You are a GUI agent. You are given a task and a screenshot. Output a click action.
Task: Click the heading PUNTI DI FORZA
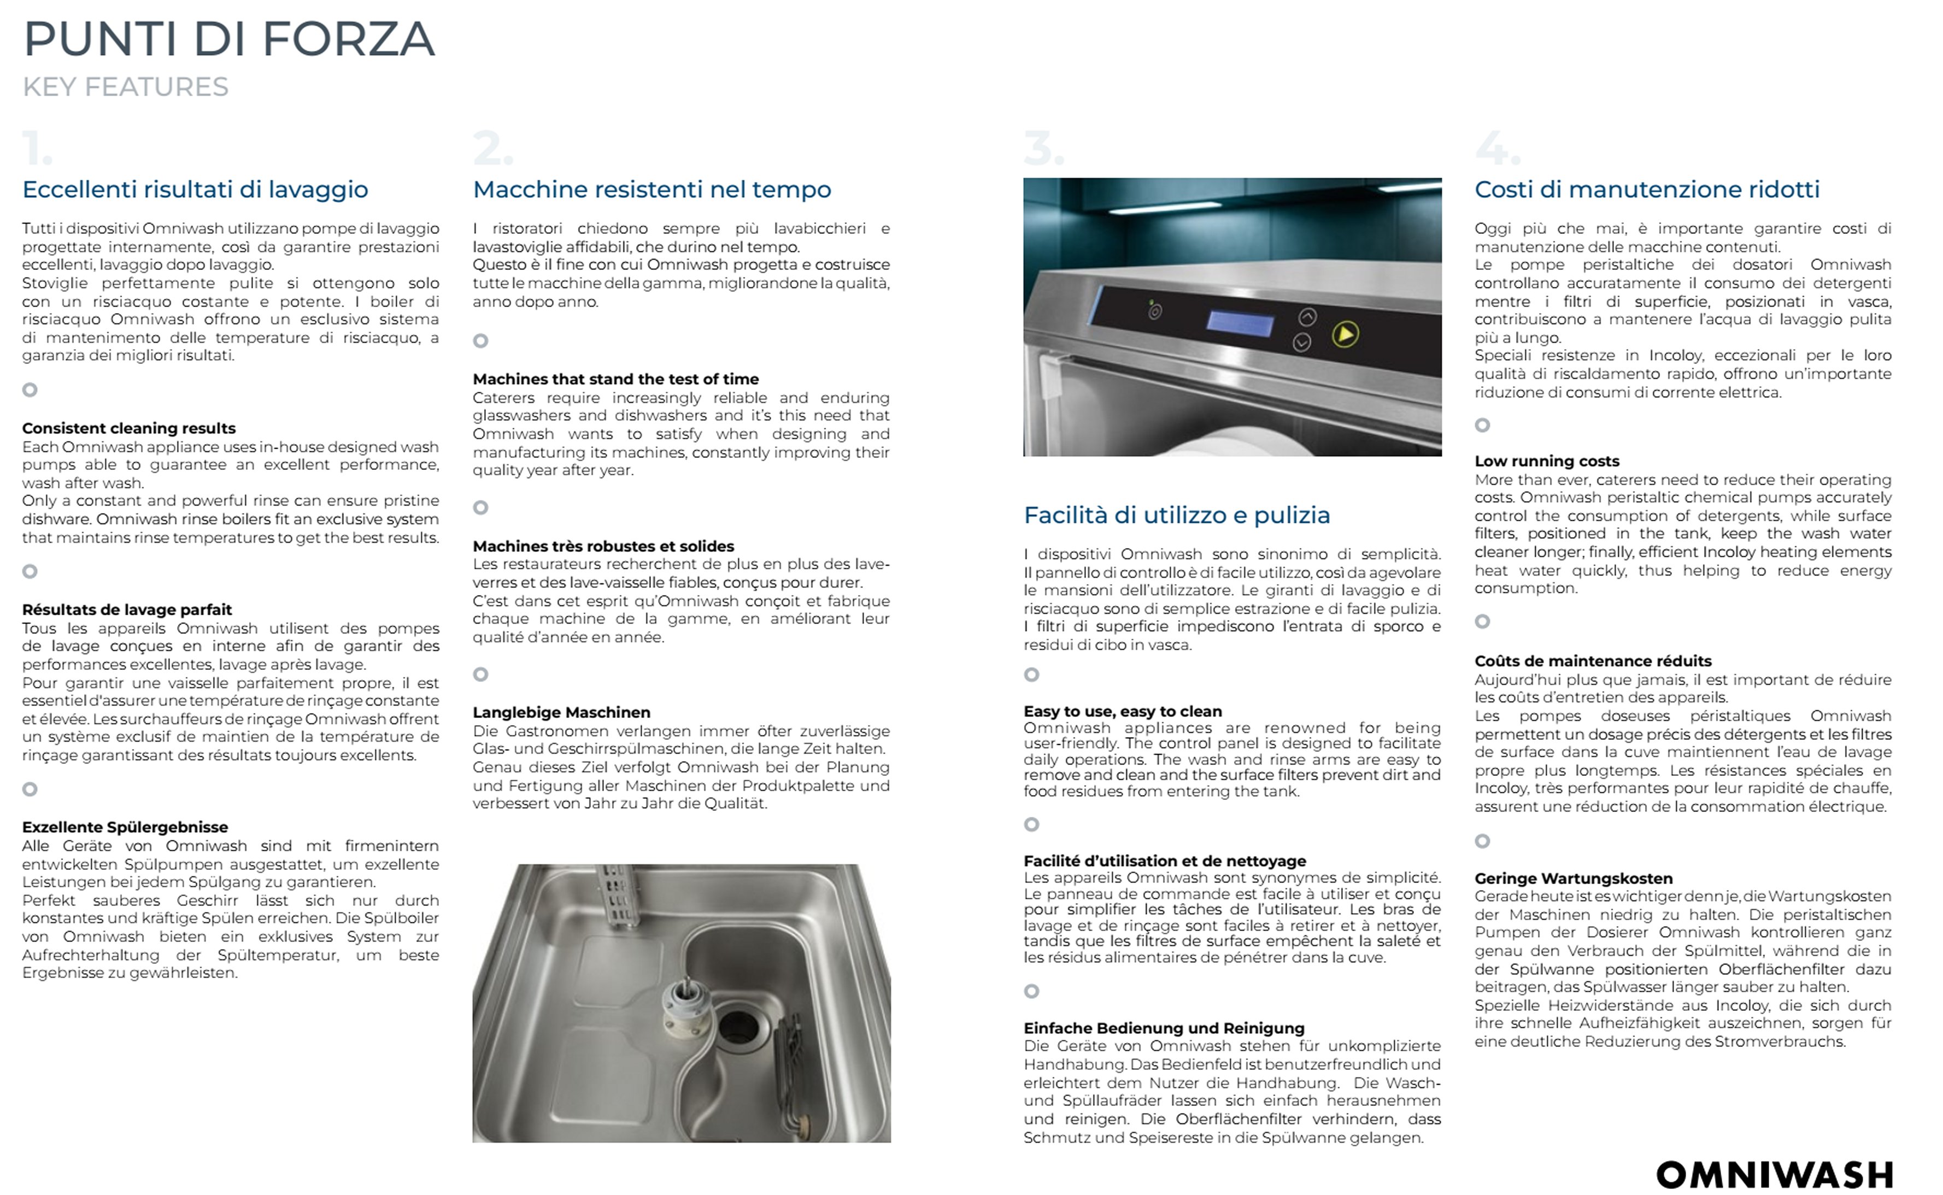[229, 39]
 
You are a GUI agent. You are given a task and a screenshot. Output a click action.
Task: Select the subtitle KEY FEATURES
[125, 87]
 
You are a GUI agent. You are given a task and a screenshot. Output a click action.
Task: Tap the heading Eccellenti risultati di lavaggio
[195, 190]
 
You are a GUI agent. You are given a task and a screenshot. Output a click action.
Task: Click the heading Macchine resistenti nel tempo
[652, 190]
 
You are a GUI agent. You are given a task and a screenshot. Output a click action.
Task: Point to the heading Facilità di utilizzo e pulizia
[1176, 515]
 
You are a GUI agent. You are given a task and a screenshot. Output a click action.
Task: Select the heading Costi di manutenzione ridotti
[1647, 190]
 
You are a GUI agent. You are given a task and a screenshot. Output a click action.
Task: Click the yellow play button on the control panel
[1346, 334]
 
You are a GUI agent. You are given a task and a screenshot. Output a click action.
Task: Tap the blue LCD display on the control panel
[1240, 322]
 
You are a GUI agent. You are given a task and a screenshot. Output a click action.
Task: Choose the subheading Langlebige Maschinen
[561, 712]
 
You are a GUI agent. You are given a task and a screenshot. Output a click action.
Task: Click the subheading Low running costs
[1546, 461]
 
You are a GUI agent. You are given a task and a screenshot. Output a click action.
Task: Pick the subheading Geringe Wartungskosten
[1573, 878]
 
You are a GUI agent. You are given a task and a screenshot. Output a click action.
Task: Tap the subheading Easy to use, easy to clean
[1123, 711]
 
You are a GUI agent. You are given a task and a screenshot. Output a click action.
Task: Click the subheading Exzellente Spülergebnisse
[125, 827]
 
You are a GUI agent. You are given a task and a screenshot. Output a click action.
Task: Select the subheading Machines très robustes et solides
[603, 546]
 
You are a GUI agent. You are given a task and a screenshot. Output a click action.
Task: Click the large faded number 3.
[1043, 149]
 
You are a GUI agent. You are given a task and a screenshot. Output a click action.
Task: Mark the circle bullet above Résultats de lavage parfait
[30, 572]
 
